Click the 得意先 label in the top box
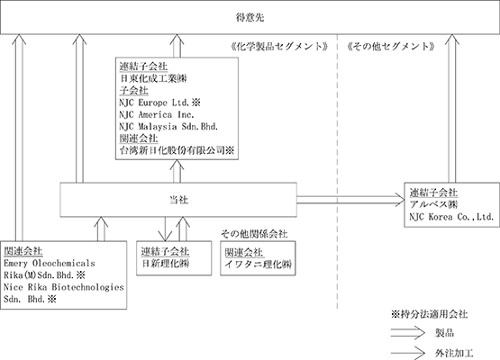click(250, 17)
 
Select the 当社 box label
click(178, 200)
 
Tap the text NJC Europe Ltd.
click(154, 103)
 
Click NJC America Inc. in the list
click(157, 114)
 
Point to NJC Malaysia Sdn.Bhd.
click(168, 127)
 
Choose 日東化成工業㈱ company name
click(153, 78)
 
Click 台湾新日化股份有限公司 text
click(172, 150)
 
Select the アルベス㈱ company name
click(433, 204)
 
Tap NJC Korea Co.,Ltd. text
click(451, 217)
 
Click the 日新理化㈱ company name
click(165, 264)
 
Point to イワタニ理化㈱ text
click(258, 264)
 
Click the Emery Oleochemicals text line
click(50, 263)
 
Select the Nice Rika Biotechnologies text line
click(64, 287)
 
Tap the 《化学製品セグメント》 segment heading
click(279, 47)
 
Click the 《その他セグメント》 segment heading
click(391, 47)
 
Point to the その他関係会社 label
click(254, 234)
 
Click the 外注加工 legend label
click(454, 353)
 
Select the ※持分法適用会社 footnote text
click(429, 314)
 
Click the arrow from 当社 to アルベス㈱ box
click(350, 200)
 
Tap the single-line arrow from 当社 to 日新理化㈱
click(165, 229)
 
